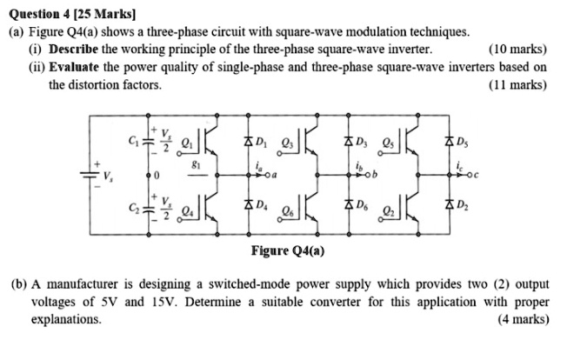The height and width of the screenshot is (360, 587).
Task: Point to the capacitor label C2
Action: point(131,209)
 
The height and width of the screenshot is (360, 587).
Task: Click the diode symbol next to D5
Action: point(450,141)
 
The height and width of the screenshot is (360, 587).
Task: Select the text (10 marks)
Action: point(517,50)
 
